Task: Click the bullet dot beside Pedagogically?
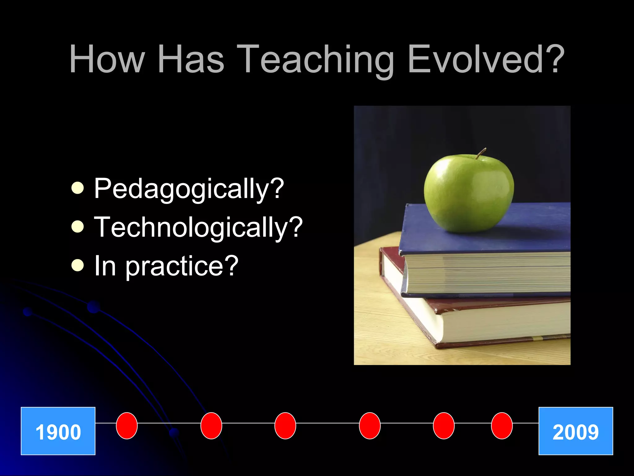point(77,188)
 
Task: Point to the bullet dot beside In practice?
point(77,265)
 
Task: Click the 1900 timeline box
point(58,431)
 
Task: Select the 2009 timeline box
point(576,431)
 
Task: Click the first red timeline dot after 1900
point(127,425)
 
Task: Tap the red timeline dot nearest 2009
point(502,425)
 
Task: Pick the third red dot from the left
point(285,425)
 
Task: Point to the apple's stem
point(481,153)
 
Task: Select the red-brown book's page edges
point(502,322)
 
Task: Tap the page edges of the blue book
point(489,273)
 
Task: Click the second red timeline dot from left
point(211,425)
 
